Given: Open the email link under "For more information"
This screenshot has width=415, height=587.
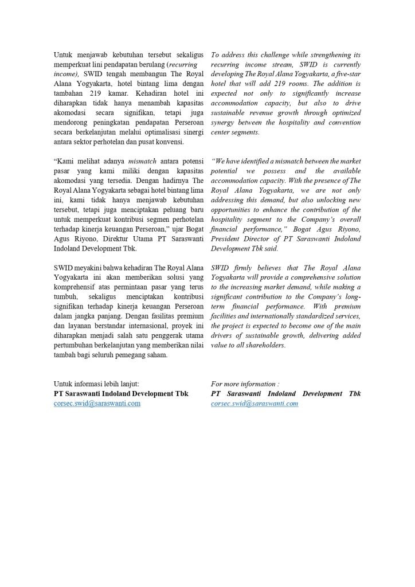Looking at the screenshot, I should coord(255,404).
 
